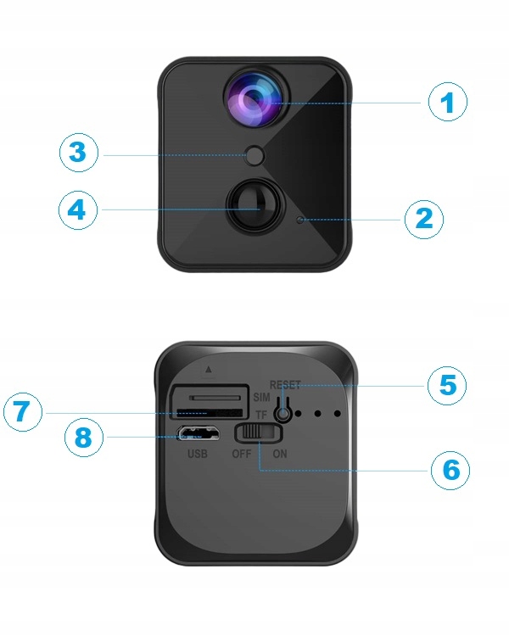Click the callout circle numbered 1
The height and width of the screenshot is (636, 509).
pyautogui.click(x=448, y=103)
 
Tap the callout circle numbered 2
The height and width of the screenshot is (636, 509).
pyautogui.click(x=422, y=219)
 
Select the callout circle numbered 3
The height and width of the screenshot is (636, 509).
pyautogui.click(x=78, y=153)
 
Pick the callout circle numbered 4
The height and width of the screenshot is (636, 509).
pyautogui.click(x=78, y=209)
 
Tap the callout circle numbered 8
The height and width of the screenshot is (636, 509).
pyautogui.click(x=83, y=438)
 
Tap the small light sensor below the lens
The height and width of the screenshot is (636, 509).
pyautogui.click(x=254, y=155)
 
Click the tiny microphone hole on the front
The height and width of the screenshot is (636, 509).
pyautogui.click(x=299, y=220)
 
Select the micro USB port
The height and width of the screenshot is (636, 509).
pyautogui.click(x=197, y=435)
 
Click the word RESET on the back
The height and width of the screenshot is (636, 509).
pyautogui.click(x=285, y=384)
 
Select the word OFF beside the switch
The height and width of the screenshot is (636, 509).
pyautogui.click(x=243, y=454)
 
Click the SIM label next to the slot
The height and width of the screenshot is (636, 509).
pyautogui.click(x=262, y=398)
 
